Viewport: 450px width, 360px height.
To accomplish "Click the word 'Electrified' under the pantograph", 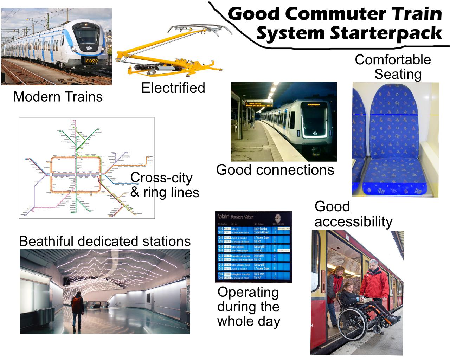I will click(173, 88).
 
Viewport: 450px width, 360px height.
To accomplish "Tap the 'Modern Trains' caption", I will click(58, 97).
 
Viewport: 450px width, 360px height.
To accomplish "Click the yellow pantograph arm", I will click(165, 63).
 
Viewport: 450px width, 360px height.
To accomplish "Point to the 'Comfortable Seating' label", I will click(393, 67).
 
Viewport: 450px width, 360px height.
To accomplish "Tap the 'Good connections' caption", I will click(275, 170).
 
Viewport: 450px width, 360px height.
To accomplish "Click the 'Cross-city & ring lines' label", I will click(165, 185).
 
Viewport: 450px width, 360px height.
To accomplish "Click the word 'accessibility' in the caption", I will click(353, 221).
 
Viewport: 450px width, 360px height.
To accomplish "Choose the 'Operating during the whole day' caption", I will click(249, 307).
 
